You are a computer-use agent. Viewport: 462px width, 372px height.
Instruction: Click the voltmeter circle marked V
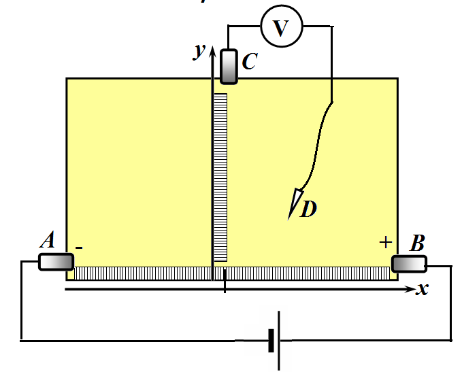[x=282, y=27]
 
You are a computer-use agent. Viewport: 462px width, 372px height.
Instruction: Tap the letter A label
[x=48, y=239]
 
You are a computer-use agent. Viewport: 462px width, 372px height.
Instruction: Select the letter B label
[x=417, y=243]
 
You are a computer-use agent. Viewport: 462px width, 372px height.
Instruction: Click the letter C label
[x=250, y=61]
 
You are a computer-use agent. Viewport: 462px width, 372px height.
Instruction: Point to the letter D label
[x=308, y=209]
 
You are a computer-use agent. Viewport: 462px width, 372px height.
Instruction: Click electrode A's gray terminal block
[x=56, y=262]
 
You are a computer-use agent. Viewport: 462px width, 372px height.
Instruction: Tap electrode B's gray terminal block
[x=409, y=264]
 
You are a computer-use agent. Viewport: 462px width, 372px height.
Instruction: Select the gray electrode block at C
[x=229, y=67]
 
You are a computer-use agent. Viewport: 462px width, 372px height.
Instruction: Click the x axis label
[x=423, y=289]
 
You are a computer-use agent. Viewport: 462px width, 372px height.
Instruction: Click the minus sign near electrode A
[x=79, y=248]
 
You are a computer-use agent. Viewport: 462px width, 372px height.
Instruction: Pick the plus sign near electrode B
[x=385, y=242]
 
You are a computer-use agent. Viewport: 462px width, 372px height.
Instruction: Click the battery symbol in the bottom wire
[x=275, y=341]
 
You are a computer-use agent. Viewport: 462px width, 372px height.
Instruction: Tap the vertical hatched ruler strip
[x=220, y=177]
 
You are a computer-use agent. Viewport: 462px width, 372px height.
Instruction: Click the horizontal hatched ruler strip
[x=232, y=273]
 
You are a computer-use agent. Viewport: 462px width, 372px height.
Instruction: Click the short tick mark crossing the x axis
[x=225, y=281]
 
